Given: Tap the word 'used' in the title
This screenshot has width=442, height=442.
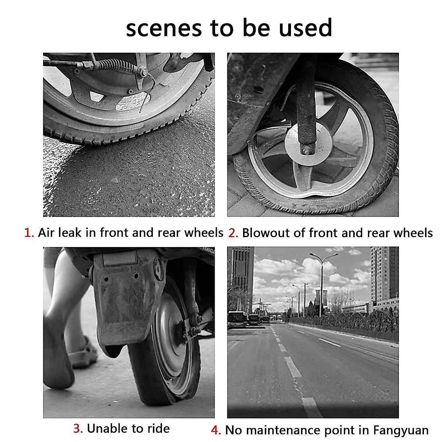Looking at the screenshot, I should pos(305,28).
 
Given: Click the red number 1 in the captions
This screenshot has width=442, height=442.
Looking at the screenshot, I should pos(28,233).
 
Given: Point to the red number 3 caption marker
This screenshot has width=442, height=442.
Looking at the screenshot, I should pos(77,429).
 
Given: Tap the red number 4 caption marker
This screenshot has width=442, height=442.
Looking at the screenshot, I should pos(215,430).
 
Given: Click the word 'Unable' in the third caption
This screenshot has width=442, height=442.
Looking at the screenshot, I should pos(106,429).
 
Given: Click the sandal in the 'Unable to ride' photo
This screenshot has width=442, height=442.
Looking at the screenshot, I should pos(83,354).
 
